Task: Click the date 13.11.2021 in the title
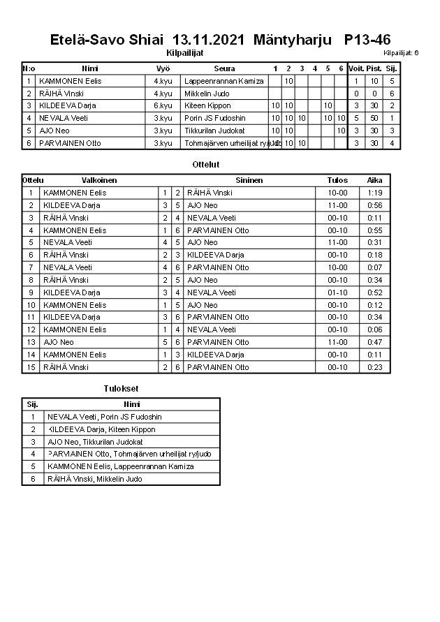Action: (x=208, y=40)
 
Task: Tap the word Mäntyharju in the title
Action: (x=293, y=40)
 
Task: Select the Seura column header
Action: (x=224, y=68)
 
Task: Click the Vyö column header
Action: (x=163, y=68)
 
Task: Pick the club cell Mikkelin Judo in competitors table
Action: (x=207, y=94)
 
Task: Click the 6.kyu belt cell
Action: (x=163, y=106)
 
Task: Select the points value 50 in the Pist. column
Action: (x=374, y=118)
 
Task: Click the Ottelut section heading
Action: (x=205, y=165)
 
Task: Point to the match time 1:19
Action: (x=374, y=193)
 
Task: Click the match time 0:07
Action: (x=374, y=267)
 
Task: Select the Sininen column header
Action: (x=249, y=180)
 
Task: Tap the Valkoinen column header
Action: (x=99, y=180)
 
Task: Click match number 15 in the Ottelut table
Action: (x=31, y=367)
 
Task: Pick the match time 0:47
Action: (x=374, y=342)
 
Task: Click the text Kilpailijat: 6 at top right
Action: (x=401, y=53)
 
